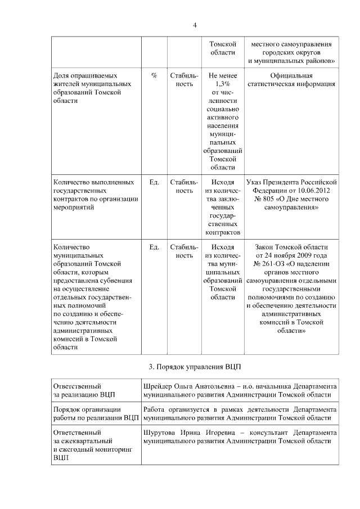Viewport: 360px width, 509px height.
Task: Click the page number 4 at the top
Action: coord(195,25)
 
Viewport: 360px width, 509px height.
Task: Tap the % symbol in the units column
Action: coord(154,75)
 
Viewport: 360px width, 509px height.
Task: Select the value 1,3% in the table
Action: coord(222,84)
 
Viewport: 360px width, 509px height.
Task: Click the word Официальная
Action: coord(291,75)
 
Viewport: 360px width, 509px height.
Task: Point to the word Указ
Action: coord(258,183)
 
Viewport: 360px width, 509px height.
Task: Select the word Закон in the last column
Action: coord(266,247)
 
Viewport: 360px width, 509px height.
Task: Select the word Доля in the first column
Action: coord(61,75)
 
